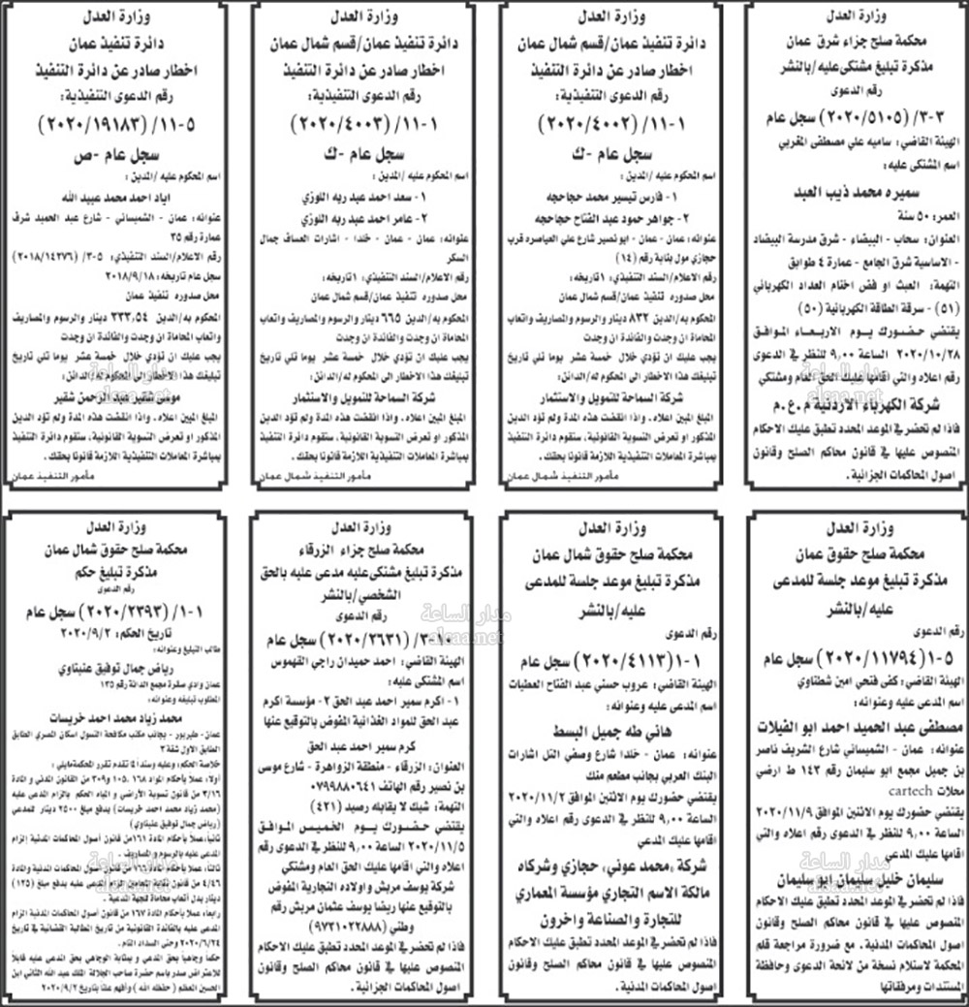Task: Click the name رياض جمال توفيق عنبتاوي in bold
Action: click(x=122, y=668)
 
